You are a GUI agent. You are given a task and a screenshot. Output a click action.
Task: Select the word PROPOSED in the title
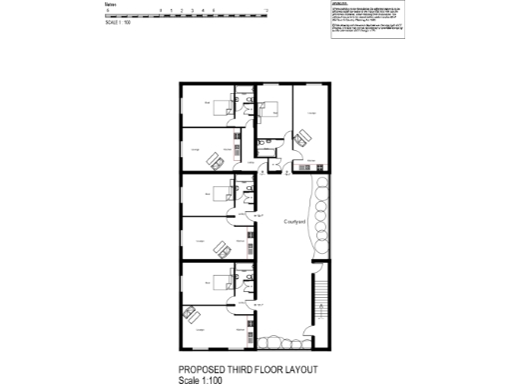201,369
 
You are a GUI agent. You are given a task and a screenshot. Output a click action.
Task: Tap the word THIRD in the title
239,369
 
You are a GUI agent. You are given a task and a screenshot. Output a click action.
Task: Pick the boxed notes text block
364,20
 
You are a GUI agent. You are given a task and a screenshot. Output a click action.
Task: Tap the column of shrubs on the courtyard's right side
321,210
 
